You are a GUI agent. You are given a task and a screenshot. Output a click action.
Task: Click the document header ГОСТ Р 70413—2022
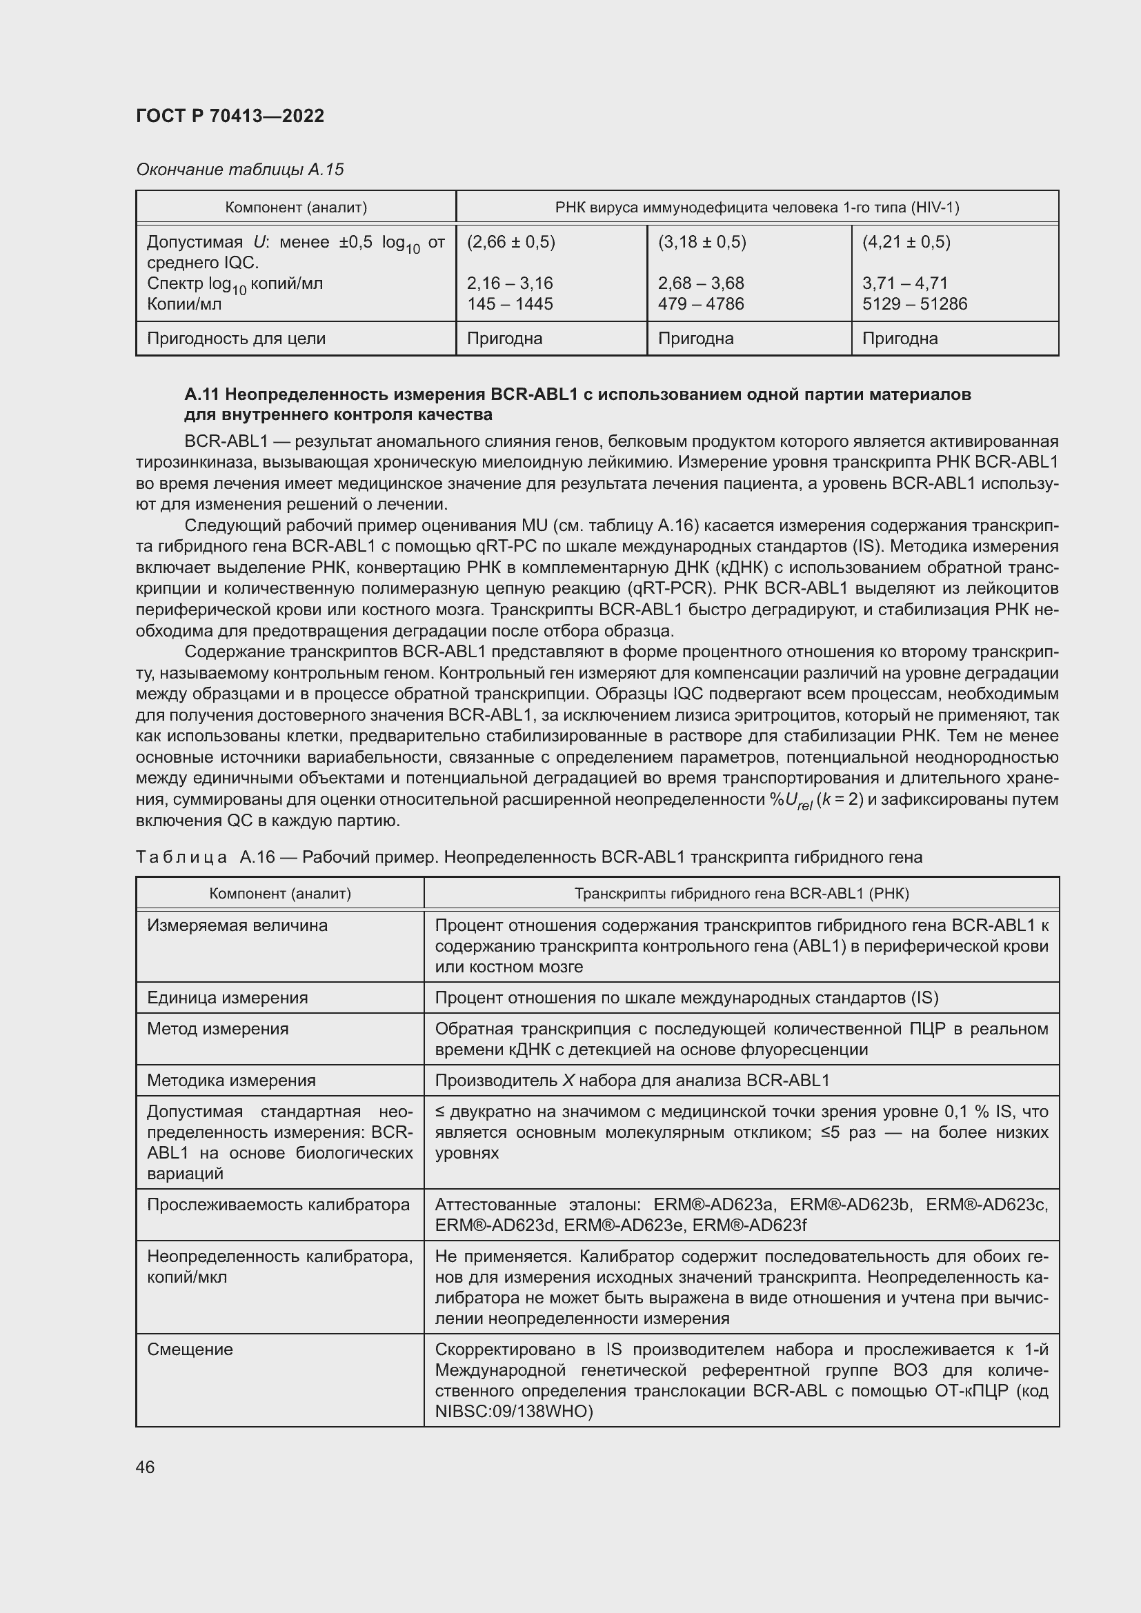[230, 116]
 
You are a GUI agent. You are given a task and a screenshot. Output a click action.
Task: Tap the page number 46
[146, 1467]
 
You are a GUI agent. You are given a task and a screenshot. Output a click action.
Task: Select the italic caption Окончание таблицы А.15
[239, 170]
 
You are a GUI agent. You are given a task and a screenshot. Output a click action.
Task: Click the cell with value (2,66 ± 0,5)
[510, 241]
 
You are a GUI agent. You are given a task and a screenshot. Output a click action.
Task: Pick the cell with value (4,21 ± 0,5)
[906, 241]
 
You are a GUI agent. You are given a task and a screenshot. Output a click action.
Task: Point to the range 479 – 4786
[700, 303]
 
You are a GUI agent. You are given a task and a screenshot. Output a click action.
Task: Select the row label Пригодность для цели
[236, 338]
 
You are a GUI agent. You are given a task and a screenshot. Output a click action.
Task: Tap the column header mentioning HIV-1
[757, 208]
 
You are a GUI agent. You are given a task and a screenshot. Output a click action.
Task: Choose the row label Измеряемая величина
[237, 925]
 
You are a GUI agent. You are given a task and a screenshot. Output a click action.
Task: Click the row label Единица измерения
[227, 998]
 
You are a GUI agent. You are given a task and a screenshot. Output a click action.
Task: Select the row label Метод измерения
[217, 1028]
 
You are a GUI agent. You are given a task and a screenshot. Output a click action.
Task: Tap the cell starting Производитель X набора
[632, 1080]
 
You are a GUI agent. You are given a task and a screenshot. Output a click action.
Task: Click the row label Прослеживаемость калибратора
[278, 1204]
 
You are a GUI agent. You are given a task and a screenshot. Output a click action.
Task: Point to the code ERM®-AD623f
[749, 1225]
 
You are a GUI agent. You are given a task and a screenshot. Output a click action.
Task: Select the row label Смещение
[190, 1349]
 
